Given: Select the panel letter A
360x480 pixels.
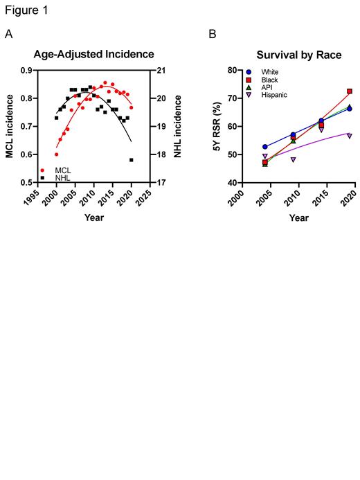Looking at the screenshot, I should pos(9,33).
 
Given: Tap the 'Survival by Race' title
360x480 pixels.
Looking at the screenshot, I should pos(298,54).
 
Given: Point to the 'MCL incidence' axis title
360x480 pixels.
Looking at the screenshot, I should pos(10,126).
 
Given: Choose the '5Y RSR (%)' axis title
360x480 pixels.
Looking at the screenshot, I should pos(215,126).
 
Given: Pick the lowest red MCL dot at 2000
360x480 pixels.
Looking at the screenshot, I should pos(57,154).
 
